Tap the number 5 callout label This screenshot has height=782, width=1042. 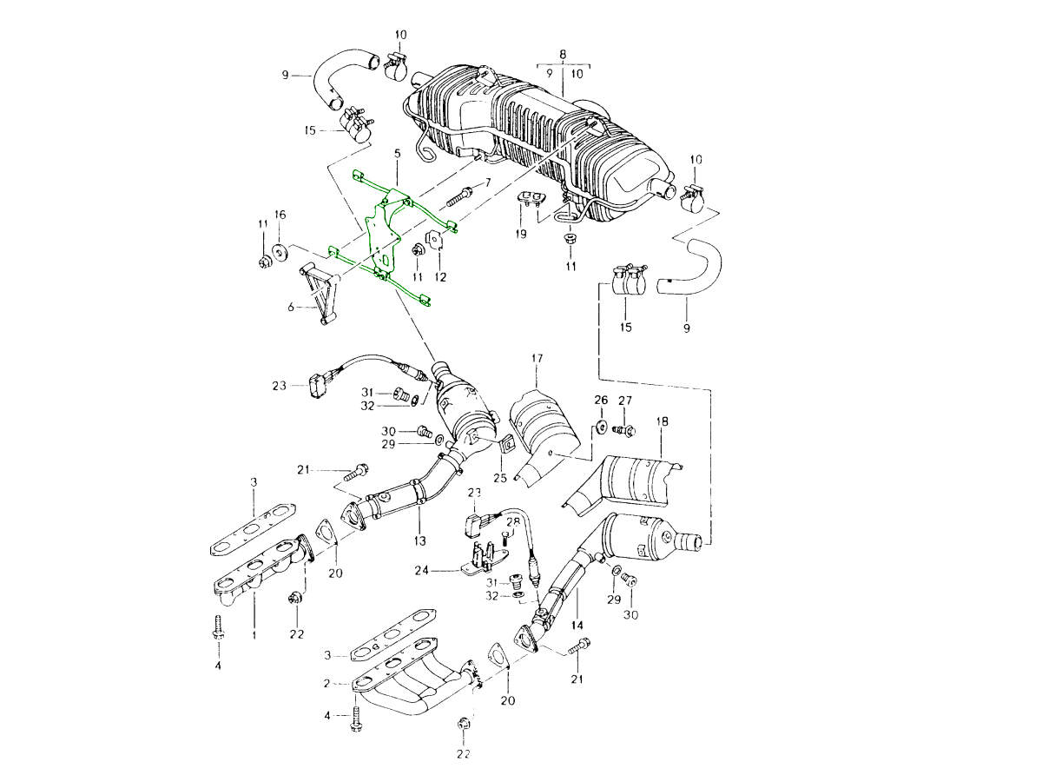(397, 154)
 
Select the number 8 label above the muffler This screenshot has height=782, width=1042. (563, 54)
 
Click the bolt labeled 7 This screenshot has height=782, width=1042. (459, 194)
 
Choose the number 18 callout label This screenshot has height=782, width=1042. (663, 422)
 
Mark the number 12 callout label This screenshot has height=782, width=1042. (440, 277)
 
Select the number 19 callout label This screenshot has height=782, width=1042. (521, 235)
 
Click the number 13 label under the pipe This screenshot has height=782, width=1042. (420, 540)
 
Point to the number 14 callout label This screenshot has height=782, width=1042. (577, 625)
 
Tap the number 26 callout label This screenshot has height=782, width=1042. (600, 400)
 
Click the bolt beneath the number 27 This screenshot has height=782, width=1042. (624, 428)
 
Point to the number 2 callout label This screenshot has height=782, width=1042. (326, 684)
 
